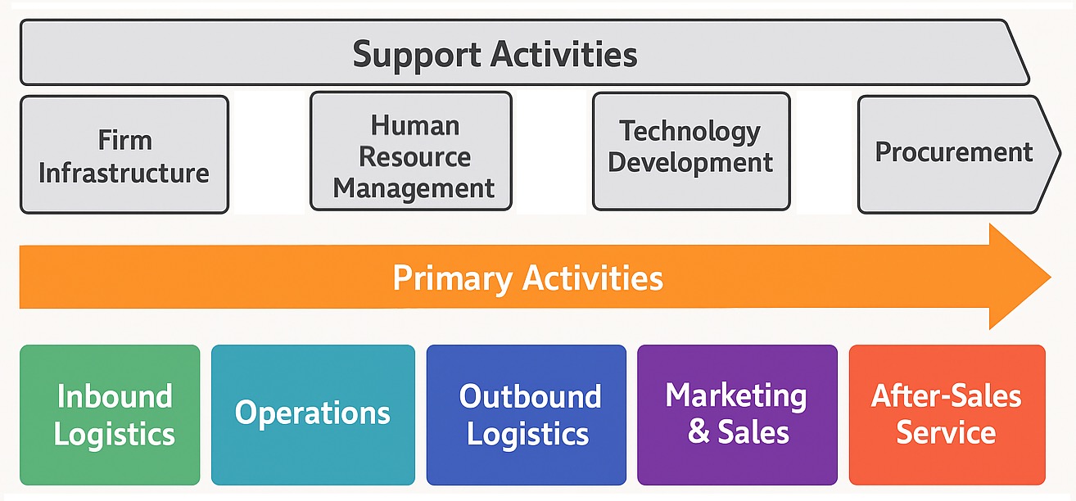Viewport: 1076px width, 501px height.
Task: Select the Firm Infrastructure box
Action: (x=124, y=155)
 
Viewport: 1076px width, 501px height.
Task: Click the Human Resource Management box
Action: (x=411, y=151)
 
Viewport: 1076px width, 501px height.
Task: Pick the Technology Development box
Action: (x=691, y=151)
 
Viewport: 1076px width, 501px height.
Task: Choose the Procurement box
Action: (x=959, y=154)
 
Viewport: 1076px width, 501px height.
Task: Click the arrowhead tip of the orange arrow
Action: (x=1051, y=277)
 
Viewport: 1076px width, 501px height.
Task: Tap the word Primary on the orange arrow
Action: (x=453, y=278)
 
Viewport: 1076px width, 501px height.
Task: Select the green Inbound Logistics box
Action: (x=110, y=415)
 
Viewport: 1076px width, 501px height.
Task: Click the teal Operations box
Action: (x=313, y=415)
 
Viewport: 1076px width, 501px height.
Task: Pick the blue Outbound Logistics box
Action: (x=527, y=415)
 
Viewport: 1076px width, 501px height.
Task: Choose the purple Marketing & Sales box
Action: (x=737, y=415)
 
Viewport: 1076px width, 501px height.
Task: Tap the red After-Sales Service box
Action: (x=947, y=415)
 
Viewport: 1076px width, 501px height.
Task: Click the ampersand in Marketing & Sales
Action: (x=698, y=431)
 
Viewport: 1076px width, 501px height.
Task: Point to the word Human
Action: (x=415, y=125)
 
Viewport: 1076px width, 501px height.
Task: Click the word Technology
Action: (x=689, y=132)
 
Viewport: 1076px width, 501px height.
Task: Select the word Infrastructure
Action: (x=124, y=173)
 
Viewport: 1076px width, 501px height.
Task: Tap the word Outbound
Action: (x=530, y=396)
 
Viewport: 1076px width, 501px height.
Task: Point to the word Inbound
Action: (x=115, y=396)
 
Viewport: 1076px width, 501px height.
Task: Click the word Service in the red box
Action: (x=946, y=432)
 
